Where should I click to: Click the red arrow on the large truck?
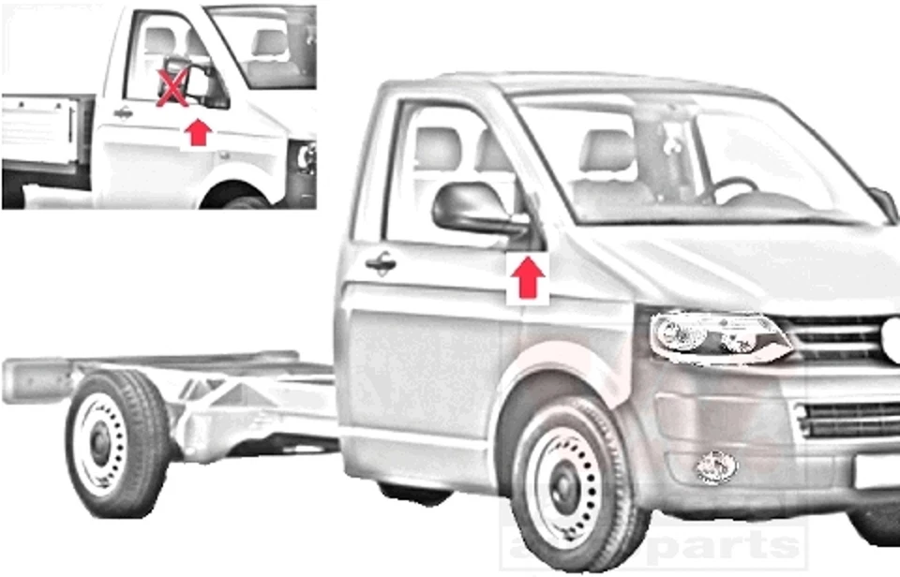[528, 278]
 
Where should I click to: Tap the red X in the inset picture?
[172, 89]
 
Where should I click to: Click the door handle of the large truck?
[381, 263]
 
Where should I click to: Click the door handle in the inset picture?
[123, 113]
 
